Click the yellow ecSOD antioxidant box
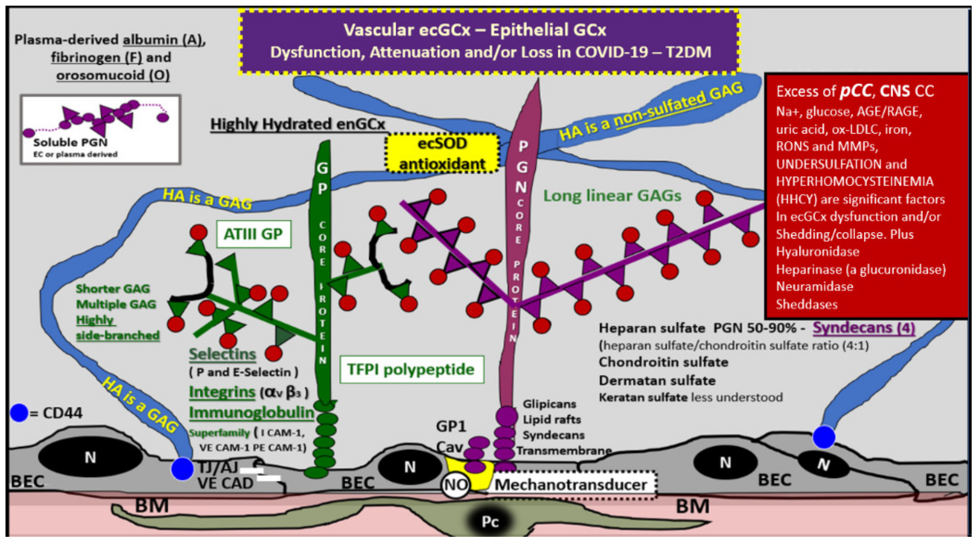click(x=442, y=154)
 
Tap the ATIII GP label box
click(x=253, y=234)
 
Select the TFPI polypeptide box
click(x=412, y=369)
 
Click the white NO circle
click(x=455, y=485)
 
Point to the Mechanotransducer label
click(x=571, y=485)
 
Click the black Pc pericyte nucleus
click(x=489, y=521)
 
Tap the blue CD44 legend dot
click(x=19, y=413)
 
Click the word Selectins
click(x=222, y=354)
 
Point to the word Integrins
click(x=222, y=392)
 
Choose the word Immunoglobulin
click(x=251, y=413)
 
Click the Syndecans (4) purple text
click(x=864, y=328)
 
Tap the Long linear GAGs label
click(x=612, y=196)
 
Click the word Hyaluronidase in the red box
click(x=817, y=251)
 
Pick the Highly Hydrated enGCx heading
click(x=298, y=124)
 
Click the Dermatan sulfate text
click(x=657, y=380)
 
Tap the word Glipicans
click(x=549, y=404)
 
